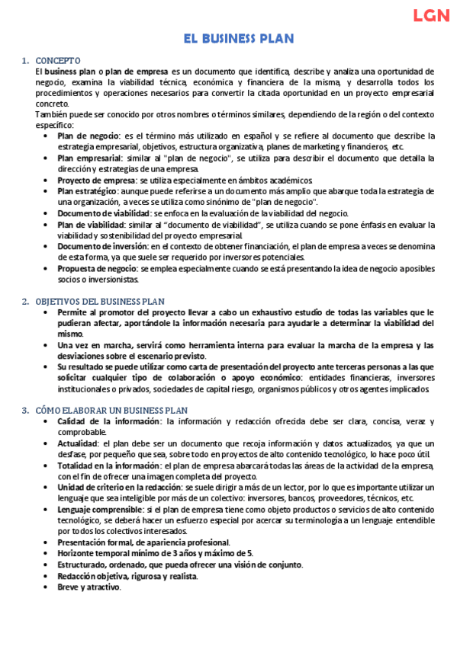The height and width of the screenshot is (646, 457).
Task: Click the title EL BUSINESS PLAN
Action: tap(238, 39)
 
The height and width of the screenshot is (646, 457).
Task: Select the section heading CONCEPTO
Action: tap(57, 60)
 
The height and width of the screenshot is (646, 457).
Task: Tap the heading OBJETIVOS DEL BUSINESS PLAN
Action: tap(105, 302)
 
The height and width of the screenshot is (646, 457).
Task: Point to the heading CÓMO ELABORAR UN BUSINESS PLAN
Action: tap(111, 411)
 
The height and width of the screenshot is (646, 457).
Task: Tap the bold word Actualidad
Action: tap(78, 443)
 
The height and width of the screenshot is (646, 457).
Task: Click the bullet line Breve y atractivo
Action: tap(89, 587)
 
